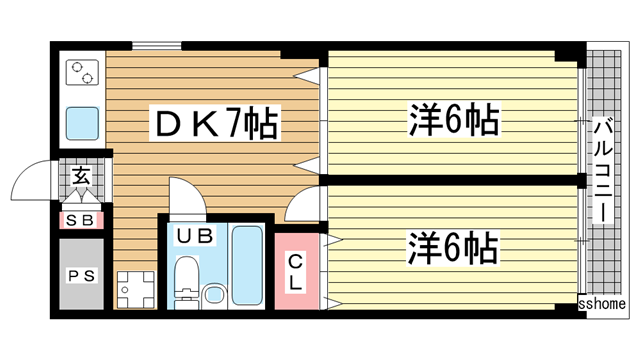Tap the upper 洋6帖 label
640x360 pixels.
tap(452, 122)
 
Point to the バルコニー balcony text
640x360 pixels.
tap(603, 172)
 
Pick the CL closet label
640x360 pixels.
tap(296, 272)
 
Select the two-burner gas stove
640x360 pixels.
tap(81, 73)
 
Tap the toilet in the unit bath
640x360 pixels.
tap(213, 294)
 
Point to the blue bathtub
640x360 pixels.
tap(245, 268)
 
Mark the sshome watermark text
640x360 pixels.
tap(602, 303)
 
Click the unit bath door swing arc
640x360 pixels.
tap(186, 195)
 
